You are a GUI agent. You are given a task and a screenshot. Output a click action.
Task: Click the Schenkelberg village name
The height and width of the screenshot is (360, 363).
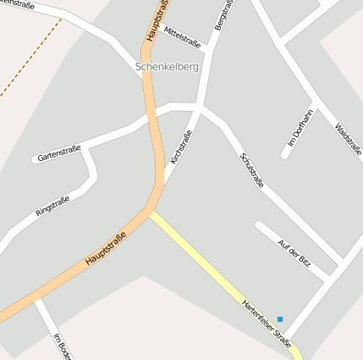tap(167, 66)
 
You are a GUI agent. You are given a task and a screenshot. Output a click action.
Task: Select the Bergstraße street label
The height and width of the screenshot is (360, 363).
tap(223, 15)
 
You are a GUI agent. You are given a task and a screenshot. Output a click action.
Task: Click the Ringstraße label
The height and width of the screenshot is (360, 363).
tap(52, 206)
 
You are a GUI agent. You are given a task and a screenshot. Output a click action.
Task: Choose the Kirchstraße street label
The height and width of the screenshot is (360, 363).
tap(181, 146)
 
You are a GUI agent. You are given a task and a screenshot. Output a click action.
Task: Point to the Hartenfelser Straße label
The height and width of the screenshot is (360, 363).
tap(266, 324)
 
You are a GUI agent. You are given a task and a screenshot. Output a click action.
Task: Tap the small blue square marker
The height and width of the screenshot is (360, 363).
tap(280, 318)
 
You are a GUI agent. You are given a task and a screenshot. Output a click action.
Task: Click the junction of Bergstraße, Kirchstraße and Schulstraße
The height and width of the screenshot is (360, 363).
tap(200, 108)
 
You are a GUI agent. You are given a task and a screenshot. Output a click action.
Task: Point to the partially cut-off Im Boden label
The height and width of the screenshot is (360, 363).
tap(61, 346)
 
